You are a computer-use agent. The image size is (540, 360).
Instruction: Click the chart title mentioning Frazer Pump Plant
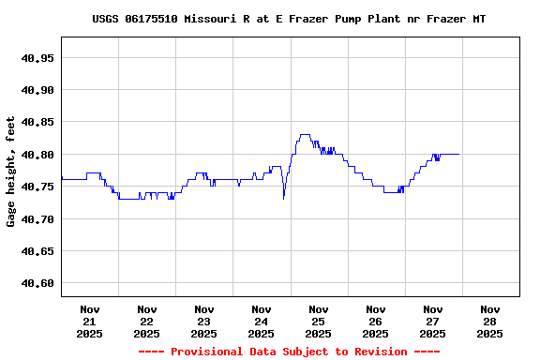tap(289, 19)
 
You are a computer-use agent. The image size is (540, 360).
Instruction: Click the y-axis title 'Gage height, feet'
tap(11, 172)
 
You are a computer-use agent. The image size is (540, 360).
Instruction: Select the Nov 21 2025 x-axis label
tap(90, 321)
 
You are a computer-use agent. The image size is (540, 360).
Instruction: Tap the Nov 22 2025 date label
tap(147, 321)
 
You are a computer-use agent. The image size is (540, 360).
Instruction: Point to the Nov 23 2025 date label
tap(204, 321)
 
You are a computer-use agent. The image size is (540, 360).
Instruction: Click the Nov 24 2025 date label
tap(262, 321)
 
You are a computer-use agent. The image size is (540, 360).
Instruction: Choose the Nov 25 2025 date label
tap(319, 321)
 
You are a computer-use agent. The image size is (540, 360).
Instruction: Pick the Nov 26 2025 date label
tap(376, 321)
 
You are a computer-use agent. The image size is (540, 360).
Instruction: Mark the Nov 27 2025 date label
tap(433, 321)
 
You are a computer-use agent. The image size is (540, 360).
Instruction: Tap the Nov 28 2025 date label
tap(489, 321)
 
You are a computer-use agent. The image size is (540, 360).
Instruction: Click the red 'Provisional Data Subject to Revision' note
tap(289, 352)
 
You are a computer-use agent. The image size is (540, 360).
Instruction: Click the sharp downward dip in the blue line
tap(283, 197)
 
